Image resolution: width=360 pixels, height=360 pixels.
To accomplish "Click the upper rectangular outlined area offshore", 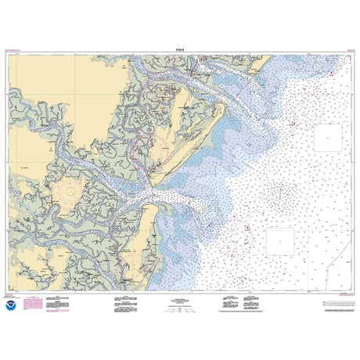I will pos(328,138).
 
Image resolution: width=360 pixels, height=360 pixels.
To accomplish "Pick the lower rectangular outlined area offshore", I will pos(279,242).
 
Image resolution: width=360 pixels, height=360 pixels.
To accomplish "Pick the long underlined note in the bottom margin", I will pos(266,309).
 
